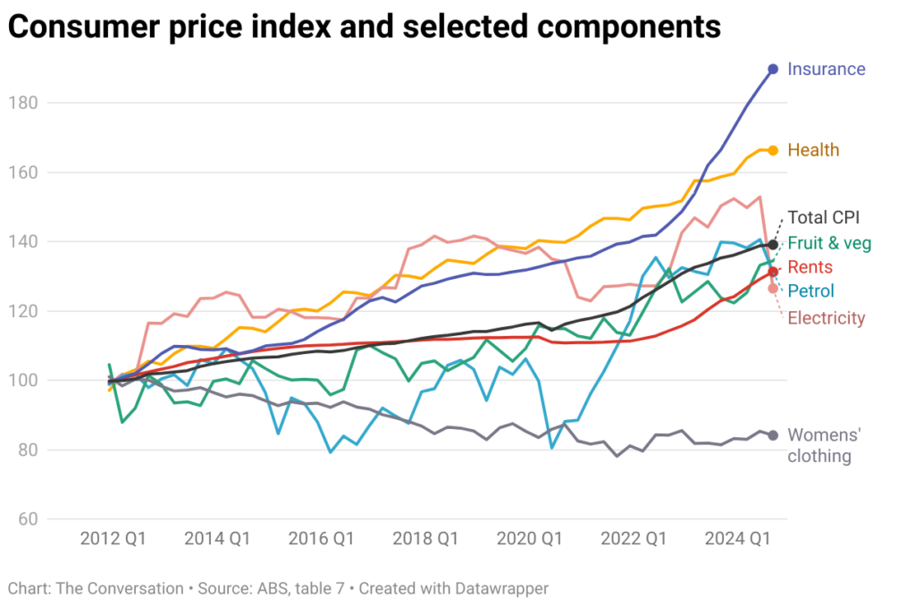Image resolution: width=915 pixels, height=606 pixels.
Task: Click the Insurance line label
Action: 826,69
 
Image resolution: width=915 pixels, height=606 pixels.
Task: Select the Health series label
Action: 813,150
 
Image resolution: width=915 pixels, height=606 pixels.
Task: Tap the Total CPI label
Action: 823,217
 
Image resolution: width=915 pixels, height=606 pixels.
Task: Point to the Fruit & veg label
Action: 829,243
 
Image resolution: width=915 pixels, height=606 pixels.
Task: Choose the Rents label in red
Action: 810,267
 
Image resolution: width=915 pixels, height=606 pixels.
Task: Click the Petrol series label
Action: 810,291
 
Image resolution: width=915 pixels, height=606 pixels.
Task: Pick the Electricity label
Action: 826,318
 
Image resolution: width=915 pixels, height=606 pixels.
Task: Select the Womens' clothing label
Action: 823,445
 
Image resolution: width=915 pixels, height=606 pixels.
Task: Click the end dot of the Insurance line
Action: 773,69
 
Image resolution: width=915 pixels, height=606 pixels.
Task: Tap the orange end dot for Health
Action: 773,150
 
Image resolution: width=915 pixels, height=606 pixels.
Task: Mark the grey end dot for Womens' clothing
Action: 773,435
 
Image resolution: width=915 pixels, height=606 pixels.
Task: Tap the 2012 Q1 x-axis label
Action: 113,539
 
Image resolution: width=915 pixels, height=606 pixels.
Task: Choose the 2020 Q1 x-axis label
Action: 530,539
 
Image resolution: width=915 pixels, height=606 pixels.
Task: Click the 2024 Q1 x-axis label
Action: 738,539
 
